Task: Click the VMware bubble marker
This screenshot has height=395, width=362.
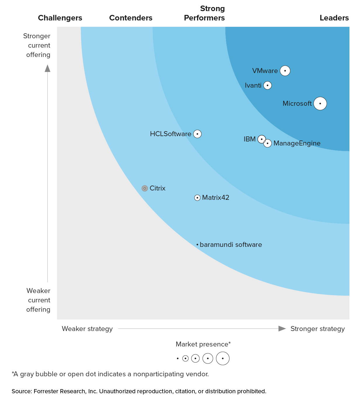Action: point(285,71)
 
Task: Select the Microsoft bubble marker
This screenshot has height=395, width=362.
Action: point(320,103)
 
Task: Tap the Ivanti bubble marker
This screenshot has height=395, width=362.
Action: point(267,85)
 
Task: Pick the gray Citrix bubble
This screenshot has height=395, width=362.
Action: point(145,188)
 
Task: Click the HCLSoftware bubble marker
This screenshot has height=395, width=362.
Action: point(197,134)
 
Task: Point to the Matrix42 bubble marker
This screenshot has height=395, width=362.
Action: point(197,198)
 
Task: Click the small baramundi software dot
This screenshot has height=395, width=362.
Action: point(197,245)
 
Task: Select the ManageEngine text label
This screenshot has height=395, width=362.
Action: point(297,143)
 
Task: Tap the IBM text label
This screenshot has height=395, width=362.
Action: point(250,139)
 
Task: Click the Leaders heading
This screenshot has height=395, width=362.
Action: point(334,18)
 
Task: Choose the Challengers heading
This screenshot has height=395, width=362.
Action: point(60,18)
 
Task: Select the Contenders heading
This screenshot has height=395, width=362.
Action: point(131,18)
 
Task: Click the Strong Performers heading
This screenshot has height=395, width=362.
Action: point(204,13)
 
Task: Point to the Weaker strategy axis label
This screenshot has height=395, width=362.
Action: point(87,329)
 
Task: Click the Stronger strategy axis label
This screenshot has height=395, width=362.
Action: point(318,329)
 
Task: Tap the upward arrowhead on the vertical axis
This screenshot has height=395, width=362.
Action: point(47,68)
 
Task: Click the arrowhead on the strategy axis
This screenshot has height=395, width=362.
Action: point(282,329)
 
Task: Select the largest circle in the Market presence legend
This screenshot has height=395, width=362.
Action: point(223,358)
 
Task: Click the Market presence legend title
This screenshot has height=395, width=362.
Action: point(203,344)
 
